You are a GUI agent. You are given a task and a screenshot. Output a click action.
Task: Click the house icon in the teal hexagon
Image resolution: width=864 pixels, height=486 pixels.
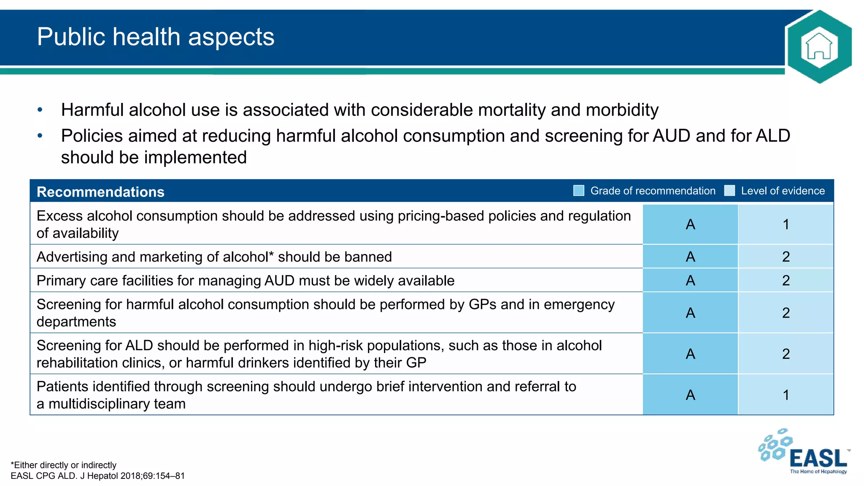(819, 46)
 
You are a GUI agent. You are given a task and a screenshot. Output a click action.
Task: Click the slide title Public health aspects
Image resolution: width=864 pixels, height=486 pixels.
(156, 37)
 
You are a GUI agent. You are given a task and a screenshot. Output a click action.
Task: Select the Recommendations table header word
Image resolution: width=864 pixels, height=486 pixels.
(100, 192)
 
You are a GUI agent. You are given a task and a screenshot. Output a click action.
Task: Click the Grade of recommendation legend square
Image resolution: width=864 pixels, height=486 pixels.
(579, 191)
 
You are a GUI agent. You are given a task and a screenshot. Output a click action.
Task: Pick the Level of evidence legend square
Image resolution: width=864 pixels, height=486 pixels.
(729, 191)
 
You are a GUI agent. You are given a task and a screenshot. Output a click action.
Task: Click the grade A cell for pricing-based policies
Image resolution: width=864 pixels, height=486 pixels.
(690, 224)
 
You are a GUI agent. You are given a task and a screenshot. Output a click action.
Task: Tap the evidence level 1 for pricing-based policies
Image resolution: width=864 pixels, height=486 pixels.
(786, 224)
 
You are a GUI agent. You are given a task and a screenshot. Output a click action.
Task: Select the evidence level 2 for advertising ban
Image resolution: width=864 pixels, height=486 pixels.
(786, 256)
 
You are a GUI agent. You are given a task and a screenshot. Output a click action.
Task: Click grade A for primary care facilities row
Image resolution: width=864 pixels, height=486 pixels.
(690, 281)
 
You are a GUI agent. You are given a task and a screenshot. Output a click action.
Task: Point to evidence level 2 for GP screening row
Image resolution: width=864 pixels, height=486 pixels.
(786, 313)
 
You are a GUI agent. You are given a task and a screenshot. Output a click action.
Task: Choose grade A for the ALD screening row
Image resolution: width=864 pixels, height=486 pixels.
(690, 354)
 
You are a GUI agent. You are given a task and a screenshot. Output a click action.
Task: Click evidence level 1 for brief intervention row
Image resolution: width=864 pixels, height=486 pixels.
(786, 395)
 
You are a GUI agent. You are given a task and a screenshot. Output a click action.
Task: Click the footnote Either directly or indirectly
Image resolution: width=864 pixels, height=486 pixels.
(64, 465)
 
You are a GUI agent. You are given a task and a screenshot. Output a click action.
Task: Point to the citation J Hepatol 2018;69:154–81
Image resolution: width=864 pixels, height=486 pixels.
(132, 476)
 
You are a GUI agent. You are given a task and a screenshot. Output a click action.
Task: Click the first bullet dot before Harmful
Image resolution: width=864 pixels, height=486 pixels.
(40, 110)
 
